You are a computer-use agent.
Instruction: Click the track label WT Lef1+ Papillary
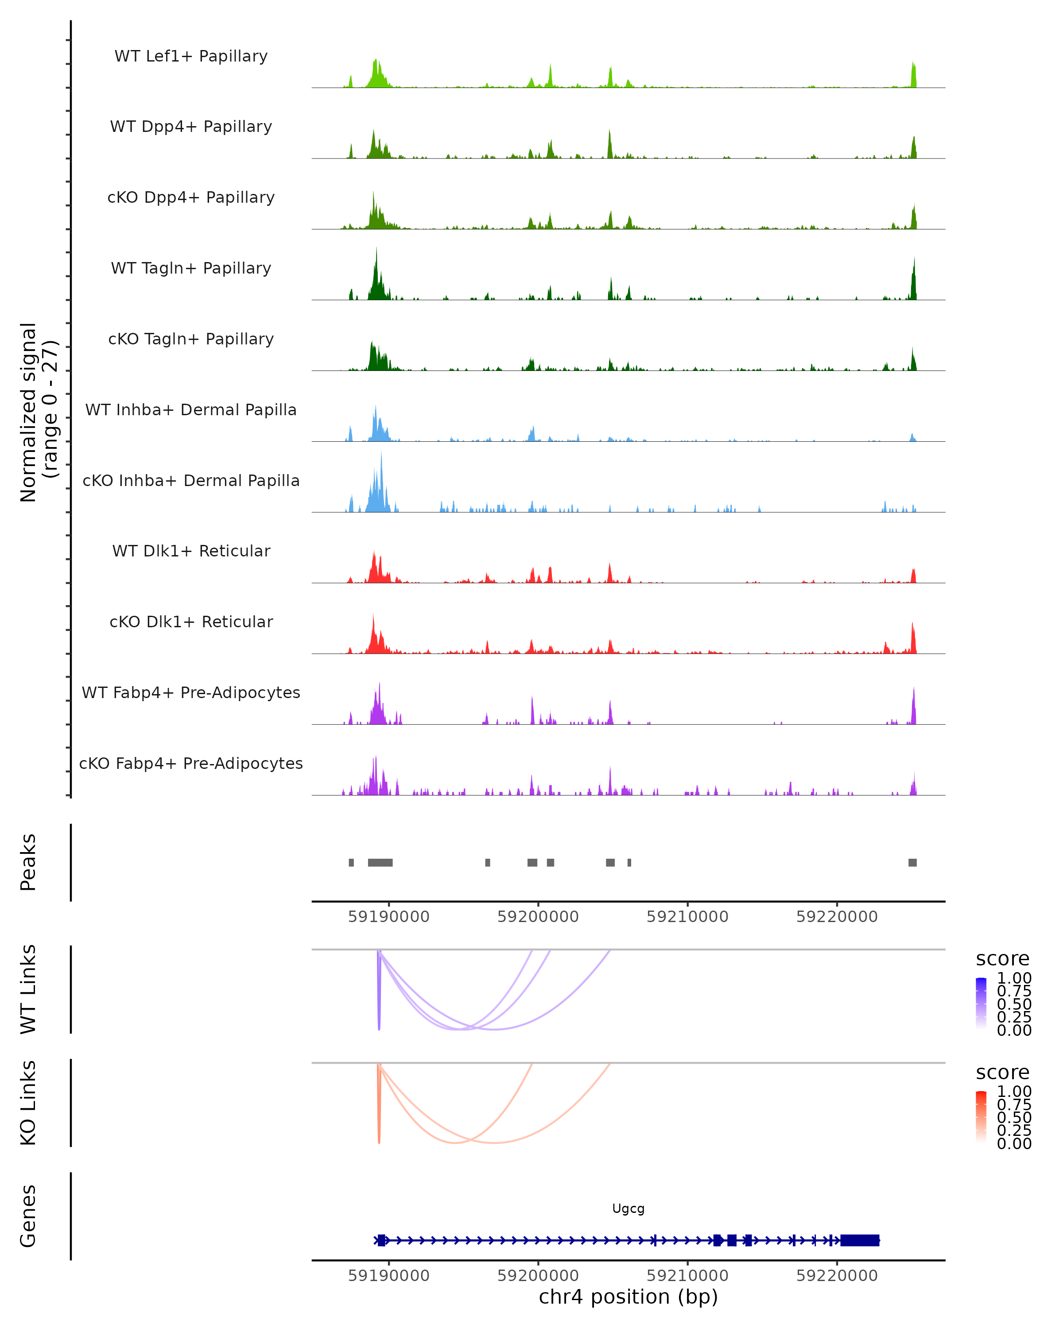(x=191, y=56)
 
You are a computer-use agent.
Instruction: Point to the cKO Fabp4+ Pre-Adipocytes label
(x=191, y=763)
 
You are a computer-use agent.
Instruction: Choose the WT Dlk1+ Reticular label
(x=191, y=551)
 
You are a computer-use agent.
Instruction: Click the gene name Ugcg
(x=628, y=1208)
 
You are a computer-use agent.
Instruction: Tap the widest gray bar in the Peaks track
(x=380, y=862)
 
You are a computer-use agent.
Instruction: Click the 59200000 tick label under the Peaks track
(x=538, y=917)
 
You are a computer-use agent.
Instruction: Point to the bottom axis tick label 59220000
(x=837, y=1276)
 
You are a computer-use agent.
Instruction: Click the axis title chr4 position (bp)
(x=628, y=1297)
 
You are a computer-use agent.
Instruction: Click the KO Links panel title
(x=28, y=1103)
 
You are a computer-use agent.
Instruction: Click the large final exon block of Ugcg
(x=860, y=1240)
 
